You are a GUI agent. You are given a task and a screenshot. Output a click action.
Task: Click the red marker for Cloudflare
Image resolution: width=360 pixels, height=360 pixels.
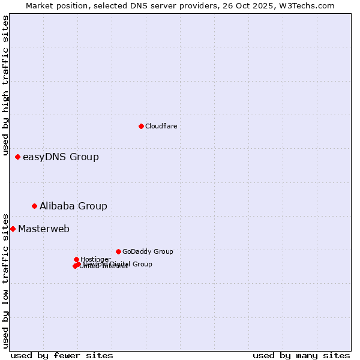141,126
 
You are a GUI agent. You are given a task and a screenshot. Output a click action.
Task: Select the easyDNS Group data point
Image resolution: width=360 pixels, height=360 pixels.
17,157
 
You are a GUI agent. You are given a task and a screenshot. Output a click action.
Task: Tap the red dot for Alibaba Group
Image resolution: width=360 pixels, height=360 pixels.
34,206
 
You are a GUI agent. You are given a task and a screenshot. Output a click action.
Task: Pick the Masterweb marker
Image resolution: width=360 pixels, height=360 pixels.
13,229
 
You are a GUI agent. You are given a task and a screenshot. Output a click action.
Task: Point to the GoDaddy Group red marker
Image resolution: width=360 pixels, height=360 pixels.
118,251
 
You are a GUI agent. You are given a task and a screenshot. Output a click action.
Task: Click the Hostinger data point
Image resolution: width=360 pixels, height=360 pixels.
76,259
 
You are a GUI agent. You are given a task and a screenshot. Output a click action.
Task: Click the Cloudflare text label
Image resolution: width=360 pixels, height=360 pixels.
161,126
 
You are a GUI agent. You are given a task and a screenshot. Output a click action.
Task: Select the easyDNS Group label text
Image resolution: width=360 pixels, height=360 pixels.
61,157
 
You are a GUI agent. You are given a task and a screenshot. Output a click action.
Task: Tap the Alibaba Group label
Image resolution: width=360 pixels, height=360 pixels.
73,206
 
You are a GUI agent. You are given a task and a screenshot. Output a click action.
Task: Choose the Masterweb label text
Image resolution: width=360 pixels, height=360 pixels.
44,229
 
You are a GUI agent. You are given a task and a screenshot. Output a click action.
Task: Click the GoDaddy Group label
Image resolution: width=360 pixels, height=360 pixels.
148,251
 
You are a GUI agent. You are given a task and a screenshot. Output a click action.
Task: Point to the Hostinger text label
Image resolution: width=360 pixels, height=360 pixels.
95,259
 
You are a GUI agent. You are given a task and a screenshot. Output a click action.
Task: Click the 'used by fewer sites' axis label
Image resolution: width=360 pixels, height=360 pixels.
62,355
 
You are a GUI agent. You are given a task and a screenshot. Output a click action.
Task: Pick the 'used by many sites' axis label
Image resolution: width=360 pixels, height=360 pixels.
301,355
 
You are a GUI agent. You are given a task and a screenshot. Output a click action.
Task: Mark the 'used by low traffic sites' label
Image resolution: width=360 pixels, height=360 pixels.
5,280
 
